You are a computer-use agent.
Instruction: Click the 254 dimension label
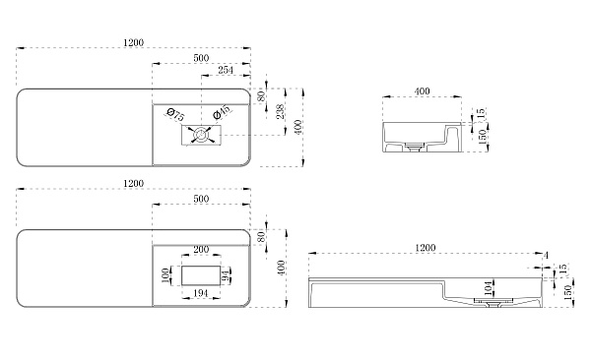tap(226, 70)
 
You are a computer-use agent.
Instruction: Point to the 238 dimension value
tap(281, 112)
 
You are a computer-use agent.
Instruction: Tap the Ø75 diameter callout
tap(175, 115)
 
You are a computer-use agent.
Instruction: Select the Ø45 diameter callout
tap(221, 112)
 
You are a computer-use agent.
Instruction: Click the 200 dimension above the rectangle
tap(201, 250)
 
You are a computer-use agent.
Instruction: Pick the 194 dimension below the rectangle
tap(201, 293)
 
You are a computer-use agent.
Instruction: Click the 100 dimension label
tap(164, 276)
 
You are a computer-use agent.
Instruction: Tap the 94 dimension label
tap(226, 275)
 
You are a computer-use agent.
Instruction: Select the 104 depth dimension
tap(489, 288)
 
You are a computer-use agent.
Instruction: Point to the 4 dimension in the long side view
tap(546, 256)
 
